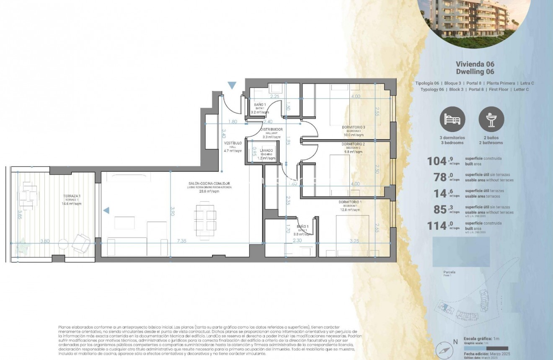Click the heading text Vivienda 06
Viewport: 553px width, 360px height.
click(x=475, y=64)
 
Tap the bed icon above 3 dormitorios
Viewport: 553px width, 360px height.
click(x=452, y=119)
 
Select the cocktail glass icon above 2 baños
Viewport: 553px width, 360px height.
click(x=491, y=119)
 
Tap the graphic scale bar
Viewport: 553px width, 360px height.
click(x=486, y=348)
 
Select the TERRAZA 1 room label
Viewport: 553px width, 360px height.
click(x=70, y=198)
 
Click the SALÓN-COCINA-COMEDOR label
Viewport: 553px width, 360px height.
click(x=209, y=184)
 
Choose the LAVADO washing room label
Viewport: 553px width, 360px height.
click(x=266, y=150)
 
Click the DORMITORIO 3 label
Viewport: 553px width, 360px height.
click(x=353, y=127)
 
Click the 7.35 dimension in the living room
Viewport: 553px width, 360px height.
click(x=182, y=241)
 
